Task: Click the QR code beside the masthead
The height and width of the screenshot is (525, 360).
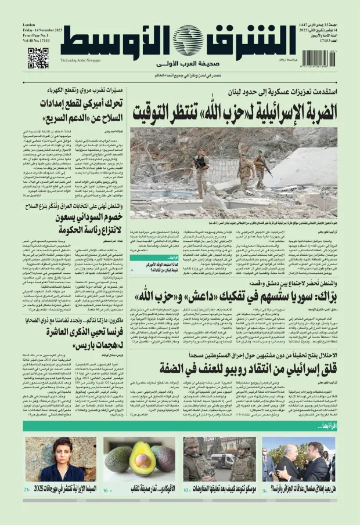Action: (38, 59)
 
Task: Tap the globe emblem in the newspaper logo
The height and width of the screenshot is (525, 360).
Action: (187, 40)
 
